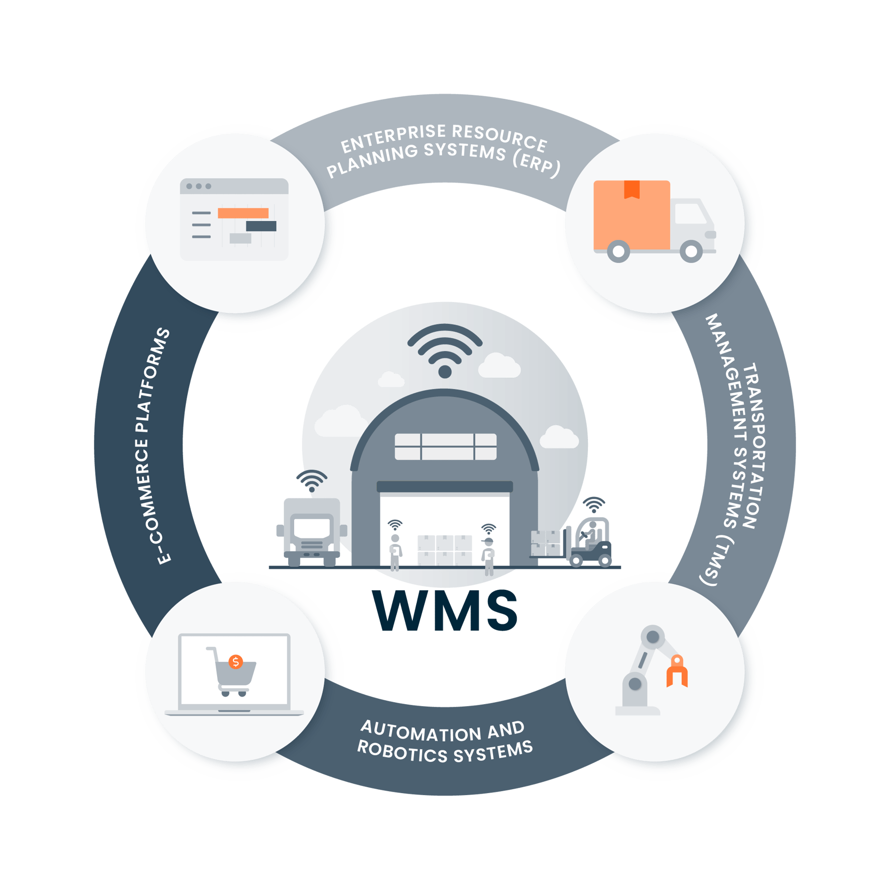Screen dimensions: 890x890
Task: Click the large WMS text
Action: (x=445, y=611)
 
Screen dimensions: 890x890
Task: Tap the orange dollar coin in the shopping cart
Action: (x=236, y=662)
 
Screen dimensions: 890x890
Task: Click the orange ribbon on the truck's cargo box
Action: (x=631, y=189)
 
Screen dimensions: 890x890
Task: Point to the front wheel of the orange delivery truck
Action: (x=691, y=251)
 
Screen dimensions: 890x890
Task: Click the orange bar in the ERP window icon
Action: (x=243, y=213)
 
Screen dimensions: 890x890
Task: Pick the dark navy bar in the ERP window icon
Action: (x=261, y=226)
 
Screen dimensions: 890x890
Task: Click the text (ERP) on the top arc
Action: (x=536, y=162)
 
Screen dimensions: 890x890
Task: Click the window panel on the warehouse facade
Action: (x=445, y=446)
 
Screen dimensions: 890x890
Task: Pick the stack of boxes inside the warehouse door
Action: (x=444, y=549)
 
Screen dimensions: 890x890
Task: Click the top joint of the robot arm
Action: (x=653, y=637)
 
